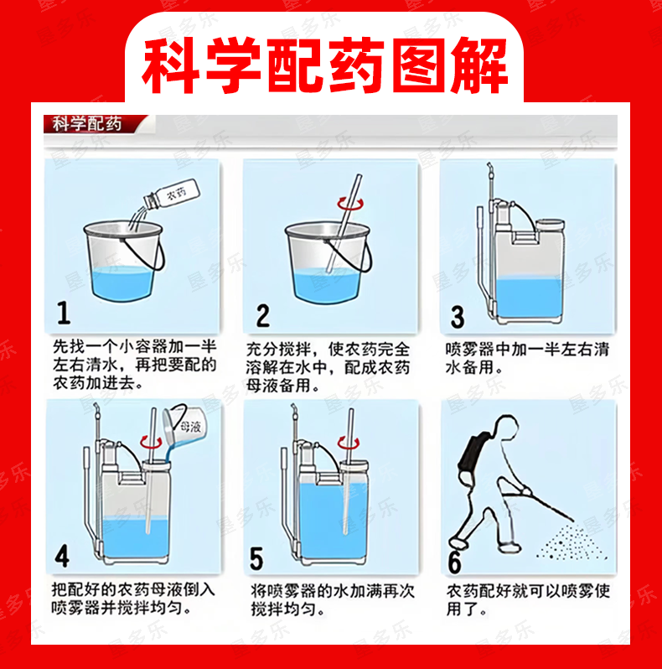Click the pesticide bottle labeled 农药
coord(172,194)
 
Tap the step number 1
coord(64,313)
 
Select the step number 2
coord(263,316)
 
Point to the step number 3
coord(458,317)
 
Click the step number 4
coord(62,556)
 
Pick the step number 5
coord(256,558)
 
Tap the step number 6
coord(455,563)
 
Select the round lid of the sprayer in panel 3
coord(551,225)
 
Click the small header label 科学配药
coord(87,124)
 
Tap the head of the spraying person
coord(505,427)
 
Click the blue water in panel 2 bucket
coord(327,286)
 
